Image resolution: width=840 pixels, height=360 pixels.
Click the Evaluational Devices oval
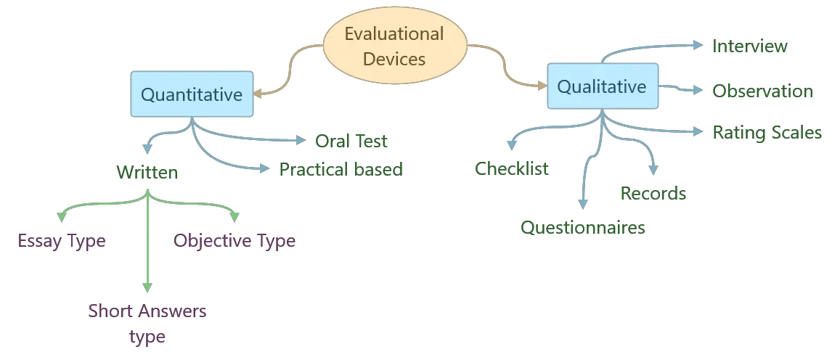point(394,46)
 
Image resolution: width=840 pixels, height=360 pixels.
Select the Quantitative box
point(192,94)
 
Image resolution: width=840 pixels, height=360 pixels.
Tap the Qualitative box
point(602,87)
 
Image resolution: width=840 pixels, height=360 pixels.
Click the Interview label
point(750,46)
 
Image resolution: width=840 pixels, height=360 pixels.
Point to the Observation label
point(762,91)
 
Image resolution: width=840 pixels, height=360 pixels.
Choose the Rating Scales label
point(767,132)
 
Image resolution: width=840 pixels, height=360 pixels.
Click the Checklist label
point(512,169)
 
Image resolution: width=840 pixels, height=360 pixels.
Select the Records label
point(653,193)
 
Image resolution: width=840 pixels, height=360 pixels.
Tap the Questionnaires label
point(583,227)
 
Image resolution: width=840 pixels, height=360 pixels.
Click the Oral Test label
point(351,140)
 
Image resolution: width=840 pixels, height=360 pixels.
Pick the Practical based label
point(341,169)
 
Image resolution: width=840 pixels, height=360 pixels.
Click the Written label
point(147,173)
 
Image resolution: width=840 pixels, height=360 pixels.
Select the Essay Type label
point(62,240)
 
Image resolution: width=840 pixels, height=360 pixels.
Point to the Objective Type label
point(235,240)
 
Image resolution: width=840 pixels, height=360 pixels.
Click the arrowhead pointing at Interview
point(698,46)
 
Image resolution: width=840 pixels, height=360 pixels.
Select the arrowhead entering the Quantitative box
point(258,93)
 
